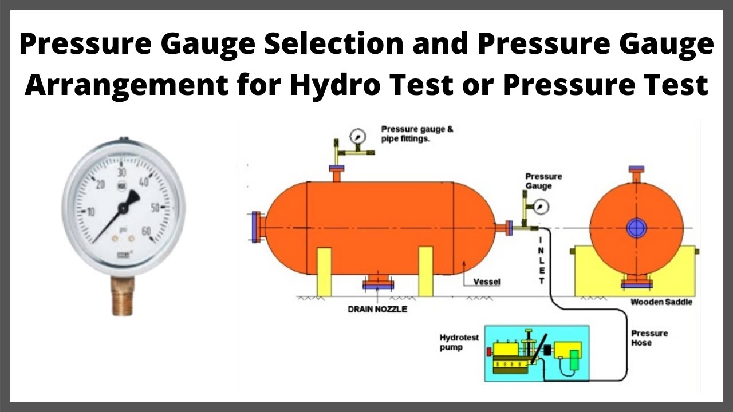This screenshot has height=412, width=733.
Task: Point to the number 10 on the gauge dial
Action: coord(90,212)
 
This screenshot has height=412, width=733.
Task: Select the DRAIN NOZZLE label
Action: coord(377,309)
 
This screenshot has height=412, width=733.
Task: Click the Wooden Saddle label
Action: coord(661,302)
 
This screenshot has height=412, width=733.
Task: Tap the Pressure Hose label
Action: coord(650,338)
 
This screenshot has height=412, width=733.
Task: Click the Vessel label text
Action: coord(487,282)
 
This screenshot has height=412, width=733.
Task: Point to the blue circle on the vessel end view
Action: coord(636,227)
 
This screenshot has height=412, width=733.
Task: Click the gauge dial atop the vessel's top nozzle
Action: coord(358,136)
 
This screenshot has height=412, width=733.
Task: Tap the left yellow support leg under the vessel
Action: coord(324,271)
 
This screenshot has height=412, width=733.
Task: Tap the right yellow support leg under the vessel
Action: coord(425,271)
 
